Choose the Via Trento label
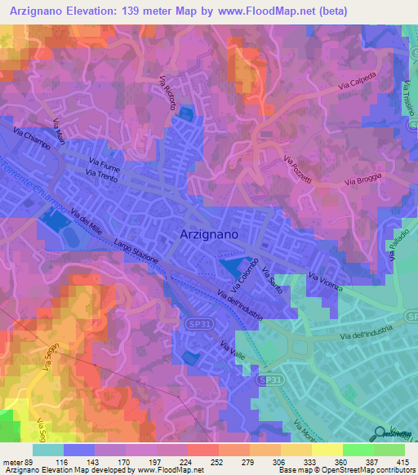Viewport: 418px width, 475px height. pos(102,175)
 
